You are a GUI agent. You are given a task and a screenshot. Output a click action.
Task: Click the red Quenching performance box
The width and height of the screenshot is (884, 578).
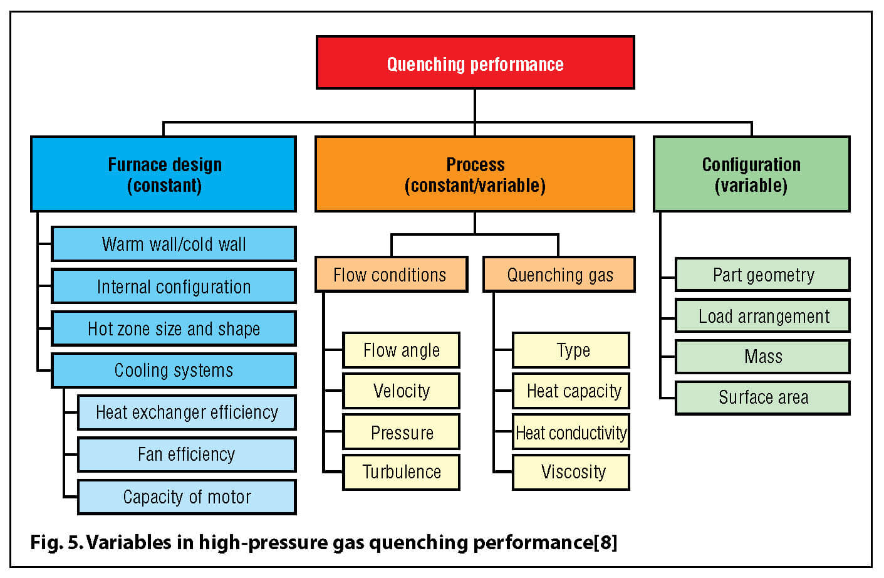(475, 63)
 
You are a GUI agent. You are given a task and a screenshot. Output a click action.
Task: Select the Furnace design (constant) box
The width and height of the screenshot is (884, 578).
(164, 174)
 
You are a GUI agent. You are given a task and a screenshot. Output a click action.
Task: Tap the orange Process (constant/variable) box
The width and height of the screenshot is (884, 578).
(474, 174)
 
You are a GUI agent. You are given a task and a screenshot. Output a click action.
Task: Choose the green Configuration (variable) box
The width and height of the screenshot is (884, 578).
(751, 174)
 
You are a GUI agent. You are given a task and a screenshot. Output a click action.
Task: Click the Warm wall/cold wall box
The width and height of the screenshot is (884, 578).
(174, 244)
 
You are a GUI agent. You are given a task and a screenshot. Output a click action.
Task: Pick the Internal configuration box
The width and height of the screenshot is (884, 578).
(174, 286)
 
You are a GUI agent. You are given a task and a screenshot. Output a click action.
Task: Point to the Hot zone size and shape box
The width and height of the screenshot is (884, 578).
(174, 328)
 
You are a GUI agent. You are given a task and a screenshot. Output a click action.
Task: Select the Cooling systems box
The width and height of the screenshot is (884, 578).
(174, 370)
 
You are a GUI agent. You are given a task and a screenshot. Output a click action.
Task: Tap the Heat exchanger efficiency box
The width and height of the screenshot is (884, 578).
(187, 412)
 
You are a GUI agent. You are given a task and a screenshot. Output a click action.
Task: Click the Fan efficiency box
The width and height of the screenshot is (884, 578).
(187, 455)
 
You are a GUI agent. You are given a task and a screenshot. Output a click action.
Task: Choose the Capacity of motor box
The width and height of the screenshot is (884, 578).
(187, 497)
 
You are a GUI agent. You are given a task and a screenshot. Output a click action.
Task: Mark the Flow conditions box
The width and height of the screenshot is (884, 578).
(391, 275)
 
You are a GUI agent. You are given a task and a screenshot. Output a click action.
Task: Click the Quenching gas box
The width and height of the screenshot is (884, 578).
(559, 275)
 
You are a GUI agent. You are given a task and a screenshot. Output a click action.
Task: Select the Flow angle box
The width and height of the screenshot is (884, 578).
(401, 350)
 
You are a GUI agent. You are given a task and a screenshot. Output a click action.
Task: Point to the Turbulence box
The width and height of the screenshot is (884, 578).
(401, 472)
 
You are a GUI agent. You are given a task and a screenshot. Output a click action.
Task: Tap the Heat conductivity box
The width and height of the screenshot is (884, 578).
(571, 432)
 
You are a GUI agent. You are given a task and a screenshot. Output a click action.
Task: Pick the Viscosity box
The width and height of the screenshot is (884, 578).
(571, 472)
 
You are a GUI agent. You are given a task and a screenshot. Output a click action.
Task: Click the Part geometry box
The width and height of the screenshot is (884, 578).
(762, 275)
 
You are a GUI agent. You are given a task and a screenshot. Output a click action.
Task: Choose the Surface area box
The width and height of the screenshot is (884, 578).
(762, 397)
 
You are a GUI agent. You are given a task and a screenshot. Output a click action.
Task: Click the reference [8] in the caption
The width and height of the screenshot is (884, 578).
(605, 542)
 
